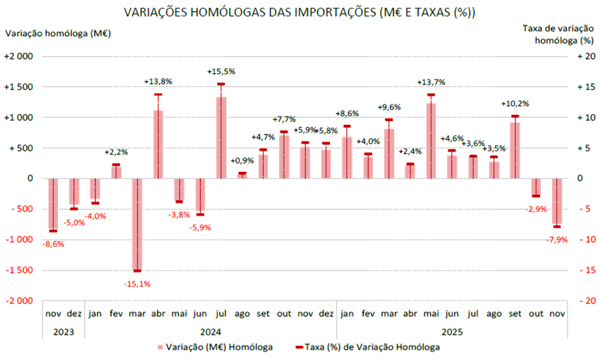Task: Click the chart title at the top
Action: (x=299, y=13)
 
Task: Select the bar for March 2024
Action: (x=137, y=224)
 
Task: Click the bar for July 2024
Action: (x=221, y=137)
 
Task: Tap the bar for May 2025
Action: (x=430, y=141)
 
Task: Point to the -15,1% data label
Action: (x=137, y=283)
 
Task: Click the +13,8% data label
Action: (x=158, y=82)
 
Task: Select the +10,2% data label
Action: (x=515, y=103)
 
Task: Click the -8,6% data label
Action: (x=54, y=244)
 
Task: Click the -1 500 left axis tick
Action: (x=19, y=270)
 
